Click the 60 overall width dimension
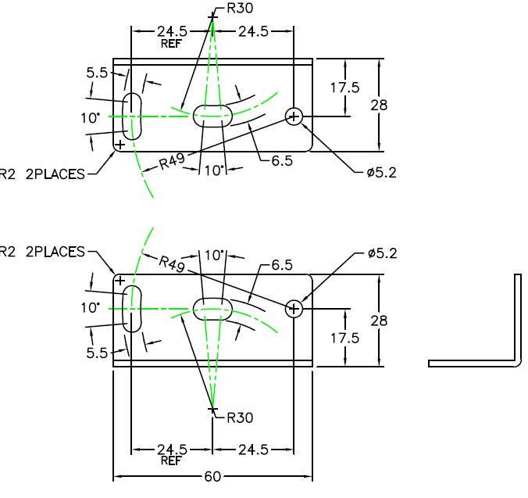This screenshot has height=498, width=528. tap(212, 477)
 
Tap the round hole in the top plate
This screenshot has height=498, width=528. tap(294, 116)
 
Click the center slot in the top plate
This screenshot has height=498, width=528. tap(212, 114)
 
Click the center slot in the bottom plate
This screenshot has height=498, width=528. tap(212, 308)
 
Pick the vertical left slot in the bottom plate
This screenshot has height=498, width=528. tap(133, 309)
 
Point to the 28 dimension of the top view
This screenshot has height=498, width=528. tap(379, 104)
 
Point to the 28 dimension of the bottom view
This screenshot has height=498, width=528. tap(379, 320)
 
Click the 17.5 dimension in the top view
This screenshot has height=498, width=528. tap(344, 88)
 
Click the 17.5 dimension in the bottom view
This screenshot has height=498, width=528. tap(344, 338)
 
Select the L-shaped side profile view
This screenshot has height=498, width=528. tap(476, 328)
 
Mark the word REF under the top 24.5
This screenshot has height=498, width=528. tap(171, 45)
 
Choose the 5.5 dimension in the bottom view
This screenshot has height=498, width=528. tap(96, 353)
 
